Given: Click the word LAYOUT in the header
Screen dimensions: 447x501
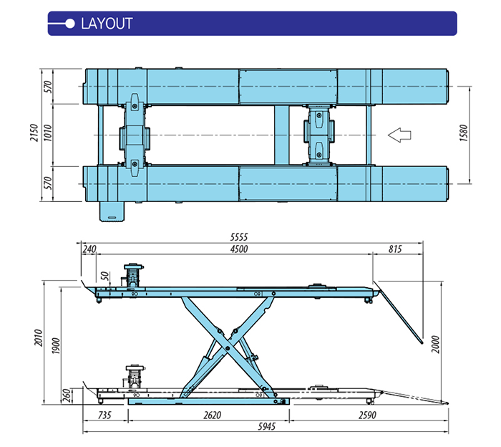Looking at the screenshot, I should (107, 23).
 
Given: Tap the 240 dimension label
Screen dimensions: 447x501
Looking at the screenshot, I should (89, 249).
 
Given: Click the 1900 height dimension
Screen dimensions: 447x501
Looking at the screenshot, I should (57, 345).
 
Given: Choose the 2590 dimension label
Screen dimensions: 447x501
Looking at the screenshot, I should (369, 415).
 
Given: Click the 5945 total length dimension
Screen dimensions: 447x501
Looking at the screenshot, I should (266, 428).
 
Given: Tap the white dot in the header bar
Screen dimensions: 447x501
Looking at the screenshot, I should (69, 23).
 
